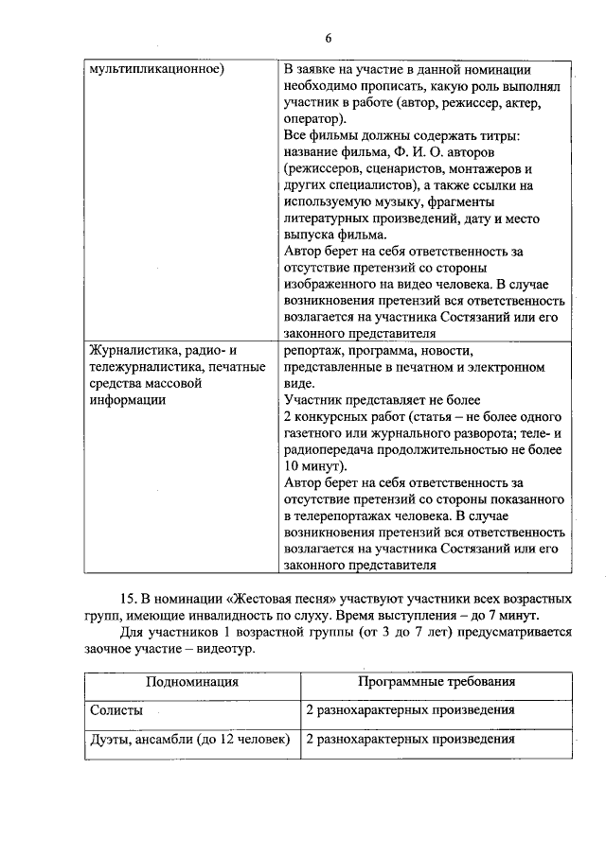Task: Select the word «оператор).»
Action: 314,122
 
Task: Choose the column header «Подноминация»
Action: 191,682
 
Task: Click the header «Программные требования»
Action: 437,682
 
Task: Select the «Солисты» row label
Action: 116,710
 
